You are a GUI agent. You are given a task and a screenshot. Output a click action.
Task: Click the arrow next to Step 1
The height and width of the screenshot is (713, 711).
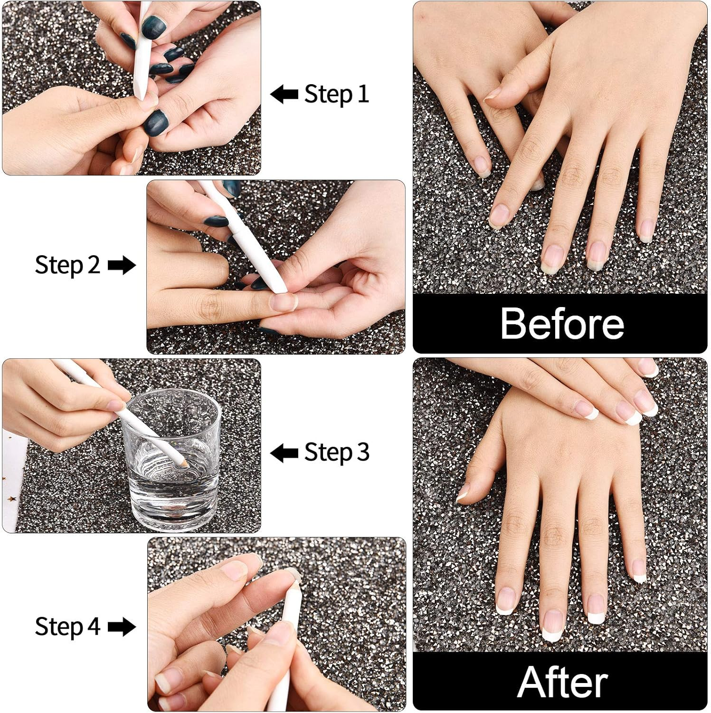(x=284, y=94)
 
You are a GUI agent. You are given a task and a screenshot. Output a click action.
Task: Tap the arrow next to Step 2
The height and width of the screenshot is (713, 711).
(x=122, y=265)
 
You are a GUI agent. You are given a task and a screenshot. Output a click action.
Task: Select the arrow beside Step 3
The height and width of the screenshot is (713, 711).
(x=284, y=453)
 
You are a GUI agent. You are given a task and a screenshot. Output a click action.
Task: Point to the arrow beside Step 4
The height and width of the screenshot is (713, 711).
(x=122, y=626)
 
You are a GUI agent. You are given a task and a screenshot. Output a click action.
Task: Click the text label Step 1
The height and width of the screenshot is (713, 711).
(x=336, y=94)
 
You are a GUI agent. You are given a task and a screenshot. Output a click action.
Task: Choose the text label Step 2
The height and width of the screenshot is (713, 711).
(x=67, y=265)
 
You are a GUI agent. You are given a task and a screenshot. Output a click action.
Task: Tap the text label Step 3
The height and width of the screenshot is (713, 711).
(x=336, y=453)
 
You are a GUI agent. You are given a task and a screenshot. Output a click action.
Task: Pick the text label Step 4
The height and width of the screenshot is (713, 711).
(x=67, y=626)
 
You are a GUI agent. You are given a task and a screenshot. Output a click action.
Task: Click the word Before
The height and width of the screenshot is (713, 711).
(x=562, y=324)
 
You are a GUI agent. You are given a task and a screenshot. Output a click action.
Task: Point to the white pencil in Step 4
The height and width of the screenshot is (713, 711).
(x=285, y=632)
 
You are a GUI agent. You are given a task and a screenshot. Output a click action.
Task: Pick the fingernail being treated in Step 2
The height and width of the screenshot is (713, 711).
(x=283, y=301)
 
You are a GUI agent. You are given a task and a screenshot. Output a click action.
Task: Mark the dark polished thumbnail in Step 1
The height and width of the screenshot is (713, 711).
(x=156, y=122)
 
